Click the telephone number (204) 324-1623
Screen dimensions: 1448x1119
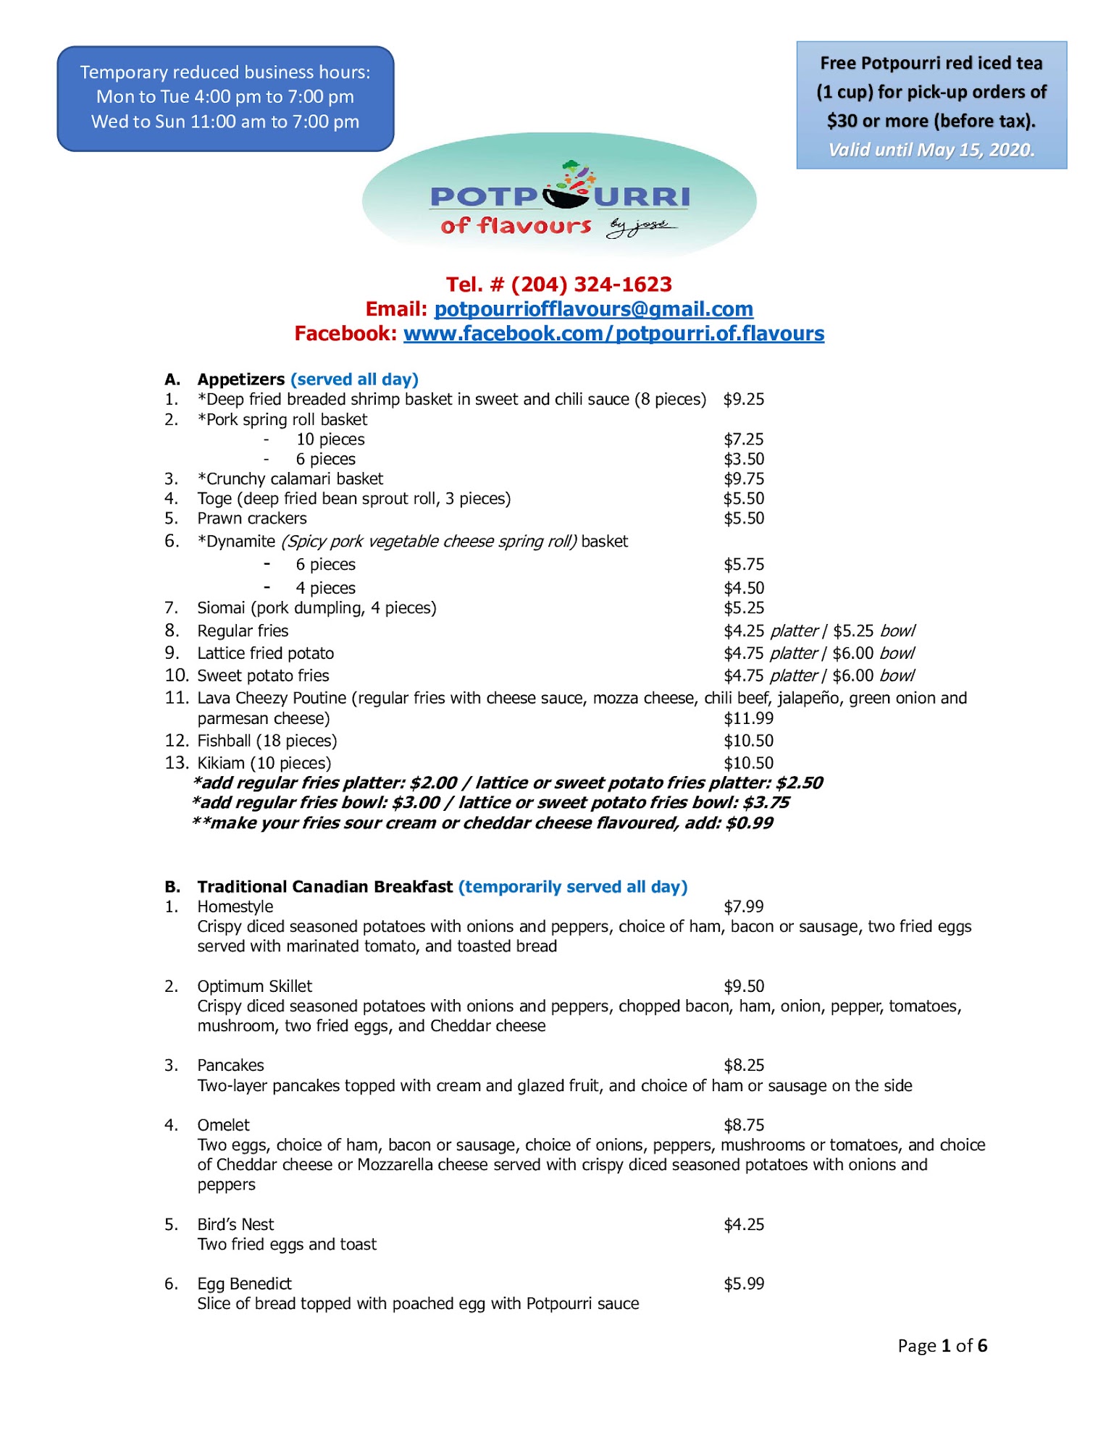pos(591,285)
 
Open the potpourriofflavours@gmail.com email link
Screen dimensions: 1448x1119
pos(593,309)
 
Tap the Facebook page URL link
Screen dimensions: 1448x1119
pos(613,334)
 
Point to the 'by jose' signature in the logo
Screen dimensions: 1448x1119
pos(641,227)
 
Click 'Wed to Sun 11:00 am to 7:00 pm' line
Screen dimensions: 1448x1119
pos(225,122)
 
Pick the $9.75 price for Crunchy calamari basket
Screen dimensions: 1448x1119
pos(744,479)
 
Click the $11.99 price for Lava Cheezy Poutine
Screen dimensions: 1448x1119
pos(748,719)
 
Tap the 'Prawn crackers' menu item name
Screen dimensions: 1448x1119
pos(252,518)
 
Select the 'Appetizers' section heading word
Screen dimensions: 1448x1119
pos(241,379)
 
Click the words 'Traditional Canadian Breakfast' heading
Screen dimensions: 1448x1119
pos(324,887)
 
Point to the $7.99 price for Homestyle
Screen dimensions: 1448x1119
pos(744,906)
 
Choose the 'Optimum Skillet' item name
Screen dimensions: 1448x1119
pos(254,986)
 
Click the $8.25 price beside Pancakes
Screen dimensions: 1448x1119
pos(744,1065)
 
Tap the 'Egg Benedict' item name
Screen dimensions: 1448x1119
pos(244,1284)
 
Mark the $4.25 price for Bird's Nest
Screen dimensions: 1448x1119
pos(744,1224)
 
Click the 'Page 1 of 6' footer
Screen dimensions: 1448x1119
pos(942,1346)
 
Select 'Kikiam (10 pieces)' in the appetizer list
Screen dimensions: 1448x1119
pos(264,763)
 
